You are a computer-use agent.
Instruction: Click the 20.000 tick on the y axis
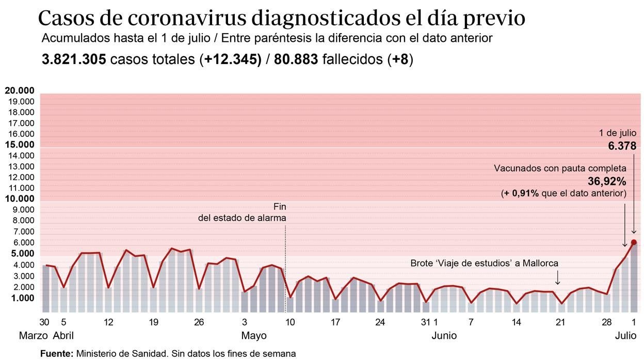pos(20,91)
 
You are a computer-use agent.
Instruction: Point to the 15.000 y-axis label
pos(20,145)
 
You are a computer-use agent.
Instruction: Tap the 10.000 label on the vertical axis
pos(20,199)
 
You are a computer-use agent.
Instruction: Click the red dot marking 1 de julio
pos(634,242)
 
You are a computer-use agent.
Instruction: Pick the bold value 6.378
pos(622,146)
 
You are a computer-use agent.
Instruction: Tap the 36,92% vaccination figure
pos(607,182)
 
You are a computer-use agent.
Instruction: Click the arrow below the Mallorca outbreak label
pos(558,279)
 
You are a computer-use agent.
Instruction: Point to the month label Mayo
pos(254,336)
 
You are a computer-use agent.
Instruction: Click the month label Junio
pos(444,336)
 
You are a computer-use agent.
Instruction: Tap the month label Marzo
pos(34,336)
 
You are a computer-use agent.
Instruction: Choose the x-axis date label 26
pos(199,322)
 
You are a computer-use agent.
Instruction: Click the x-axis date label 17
pos(335,322)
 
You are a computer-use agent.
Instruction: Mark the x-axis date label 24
pos(380,322)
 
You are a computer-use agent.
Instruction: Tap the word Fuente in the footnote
pos(56,354)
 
